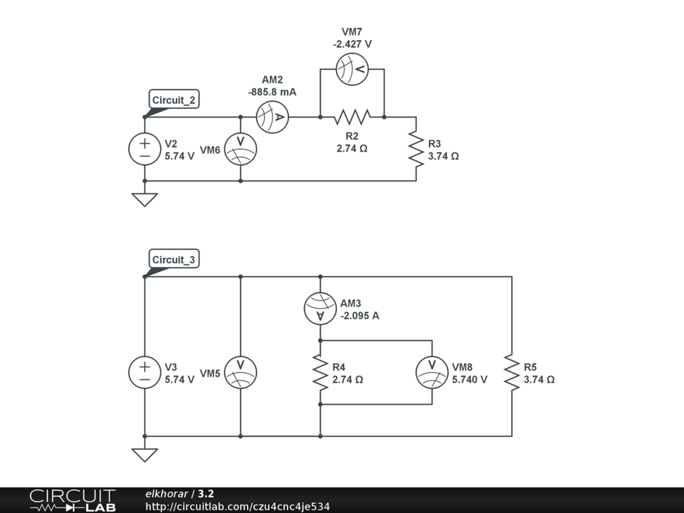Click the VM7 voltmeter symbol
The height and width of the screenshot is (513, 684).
pyautogui.click(x=352, y=69)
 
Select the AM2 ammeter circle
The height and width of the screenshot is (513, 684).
pyautogui.click(x=273, y=117)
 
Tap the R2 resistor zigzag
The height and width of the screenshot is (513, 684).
pyautogui.click(x=352, y=117)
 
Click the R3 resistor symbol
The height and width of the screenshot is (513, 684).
pyautogui.click(x=416, y=149)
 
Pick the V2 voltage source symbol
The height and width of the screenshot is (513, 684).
pyautogui.click(x=145, y=149)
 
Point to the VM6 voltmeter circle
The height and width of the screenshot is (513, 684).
pyautogui.click(x=240, y=149)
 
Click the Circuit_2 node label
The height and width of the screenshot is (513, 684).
pyautogui.click(x=174, y=100)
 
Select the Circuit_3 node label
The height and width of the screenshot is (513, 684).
pyautogui.click(x=174, y=260)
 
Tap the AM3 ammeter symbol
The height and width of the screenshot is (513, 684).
pyautogui.click(x=320, y=309)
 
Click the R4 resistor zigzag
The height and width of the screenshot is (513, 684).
pyautogui.click(x=320, y=373)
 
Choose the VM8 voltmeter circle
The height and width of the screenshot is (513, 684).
pyautogui.click(x=432, y=373)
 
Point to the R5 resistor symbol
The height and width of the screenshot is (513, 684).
pyautogui.click(x=512, y=373)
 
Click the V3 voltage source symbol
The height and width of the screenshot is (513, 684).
pyautogui.click(x=145, y=373)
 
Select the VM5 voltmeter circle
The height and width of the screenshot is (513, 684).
pyautogui.click(x=240, y=373)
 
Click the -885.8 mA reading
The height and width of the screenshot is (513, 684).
pyautogui.click(x=273, y=92)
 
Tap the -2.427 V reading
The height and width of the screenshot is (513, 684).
pyautogui.click(x=352, y=44)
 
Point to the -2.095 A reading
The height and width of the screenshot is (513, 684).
pyautogui.click(x=360, y=316)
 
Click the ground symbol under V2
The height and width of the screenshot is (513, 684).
pyautogui.click(x=145, y=199)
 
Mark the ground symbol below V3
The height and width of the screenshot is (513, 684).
pyautogui.click(x=145, y=455)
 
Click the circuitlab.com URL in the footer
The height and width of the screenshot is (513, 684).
pyautogui.click(x=238, y=506)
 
